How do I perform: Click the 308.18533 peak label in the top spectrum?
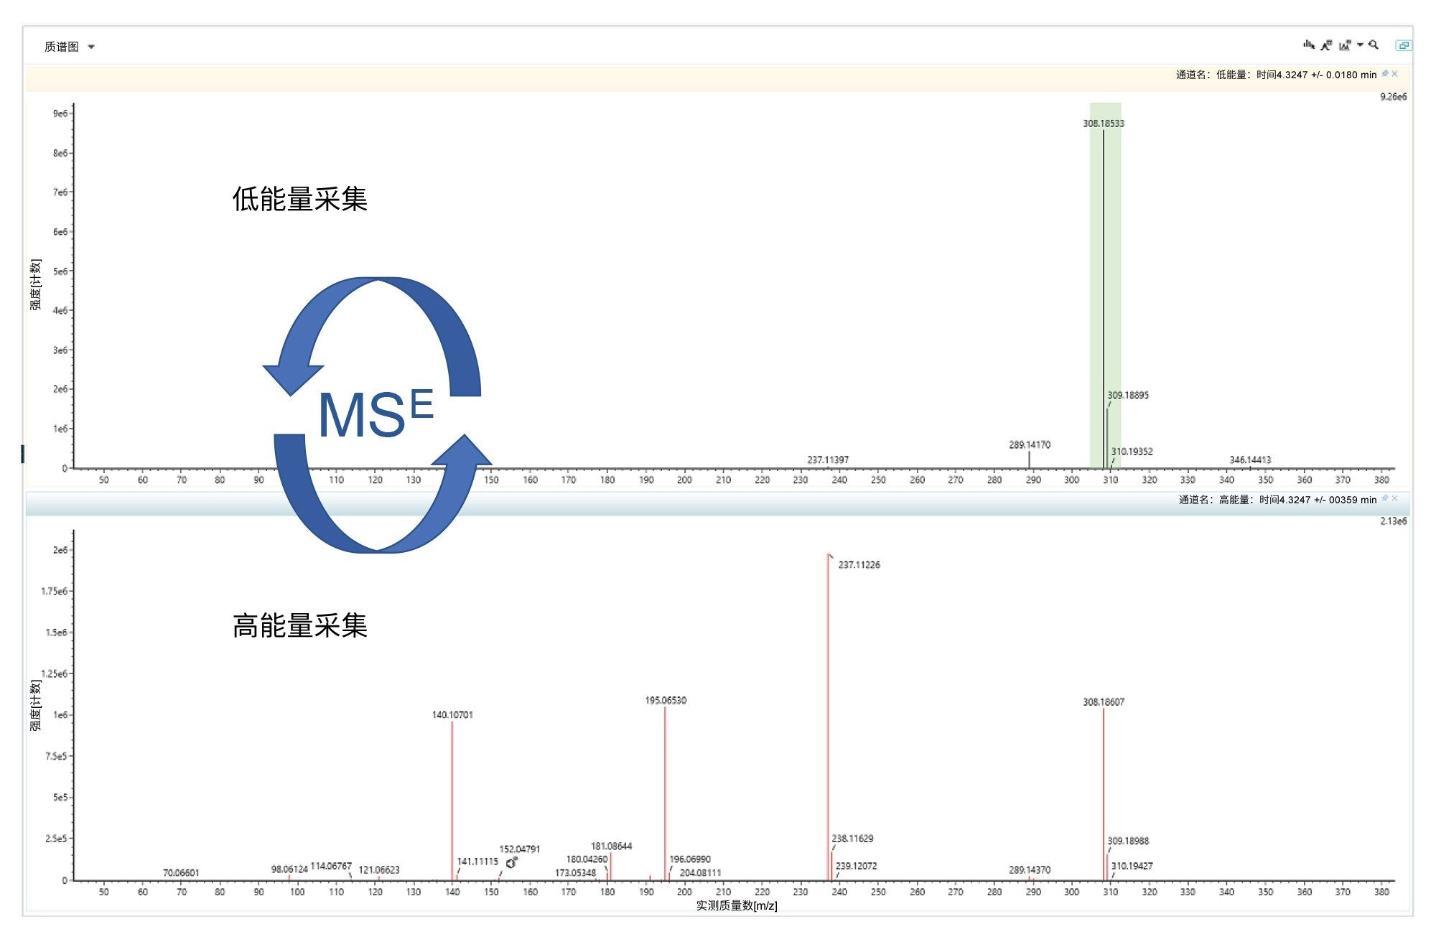pyautogui.click(x=1104, y=123)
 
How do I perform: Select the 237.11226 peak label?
pyautogui.click(x=859, y=565)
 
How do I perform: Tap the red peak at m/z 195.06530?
pyautogui.click(x=665, y=790)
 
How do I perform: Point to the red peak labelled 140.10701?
pyautogui.click(x=452, y=797)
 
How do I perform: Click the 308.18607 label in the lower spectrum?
pyautogui.click(x=1104, y=702)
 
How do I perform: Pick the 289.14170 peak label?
pyautogui.click(x=1029, y=445)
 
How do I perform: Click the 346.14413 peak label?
pyautogui.click(x=1250, y=460)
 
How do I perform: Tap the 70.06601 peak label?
pyautogui.click(x=181, y=873)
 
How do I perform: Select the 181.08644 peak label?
pyautogui.click(x=611, y=847)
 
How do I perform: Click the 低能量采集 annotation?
pyautogui.click(x=299, y=200)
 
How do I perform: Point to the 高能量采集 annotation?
pyautogui.click(x=299, y=626)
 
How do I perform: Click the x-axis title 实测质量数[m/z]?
pyautogui.click(x=736, y=906)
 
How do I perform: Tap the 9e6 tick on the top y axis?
pyautogui.click(x=60, y=113)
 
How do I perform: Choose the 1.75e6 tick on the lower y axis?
pyautogui.click(x=54, y=592)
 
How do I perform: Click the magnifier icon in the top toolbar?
pyautogui.click(x=1374, y=45)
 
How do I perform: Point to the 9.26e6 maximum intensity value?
pyautogui.click(x=1393, y=97)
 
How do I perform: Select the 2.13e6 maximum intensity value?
pyautogui.click(x=1393, y=521)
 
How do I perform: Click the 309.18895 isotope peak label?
pyautogui.click(x=1127, y=396)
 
